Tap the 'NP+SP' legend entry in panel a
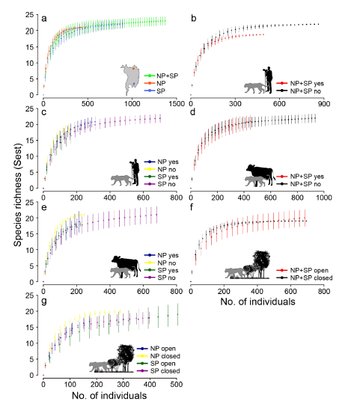162,76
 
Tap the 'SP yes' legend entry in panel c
155,175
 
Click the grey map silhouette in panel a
129,77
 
